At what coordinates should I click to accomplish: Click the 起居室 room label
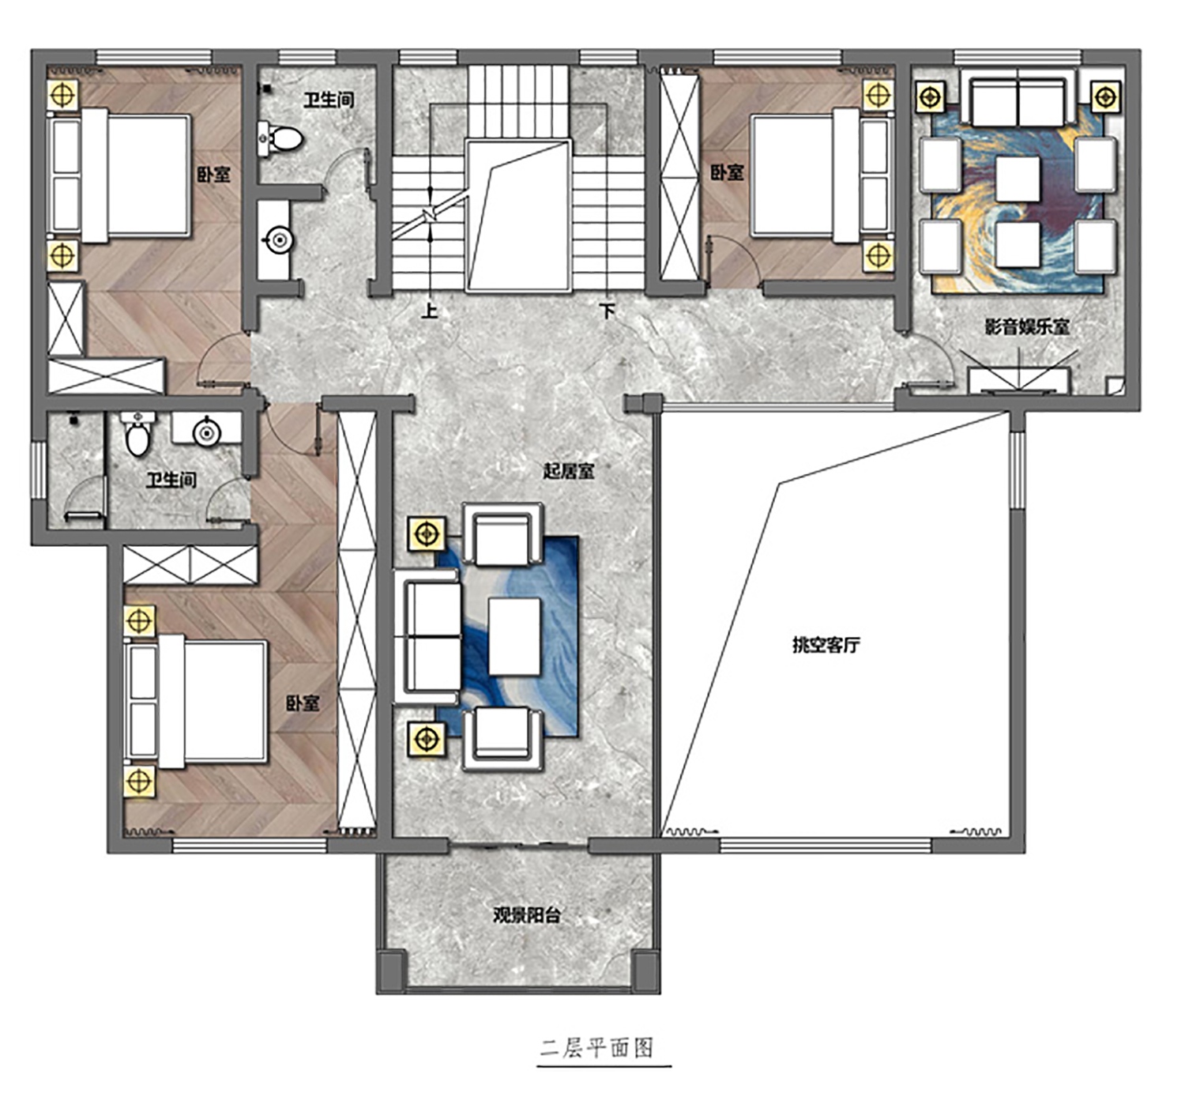568,472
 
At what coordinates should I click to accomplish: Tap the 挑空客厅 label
826,645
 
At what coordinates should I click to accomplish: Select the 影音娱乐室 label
1027,326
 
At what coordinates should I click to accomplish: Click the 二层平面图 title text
596,1047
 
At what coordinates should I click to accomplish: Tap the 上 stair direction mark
430,311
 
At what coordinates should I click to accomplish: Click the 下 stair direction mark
608,311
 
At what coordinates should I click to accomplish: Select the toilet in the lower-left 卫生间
137,433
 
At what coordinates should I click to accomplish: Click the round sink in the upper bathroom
279,240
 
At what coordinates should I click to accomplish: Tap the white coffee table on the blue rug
514,637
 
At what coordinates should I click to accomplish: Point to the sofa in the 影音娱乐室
1019,98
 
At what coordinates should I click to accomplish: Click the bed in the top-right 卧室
822,175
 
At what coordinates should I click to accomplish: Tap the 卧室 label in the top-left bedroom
213,175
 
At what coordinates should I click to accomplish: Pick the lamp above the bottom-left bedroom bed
139,621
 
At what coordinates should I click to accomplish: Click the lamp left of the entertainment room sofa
931,96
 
